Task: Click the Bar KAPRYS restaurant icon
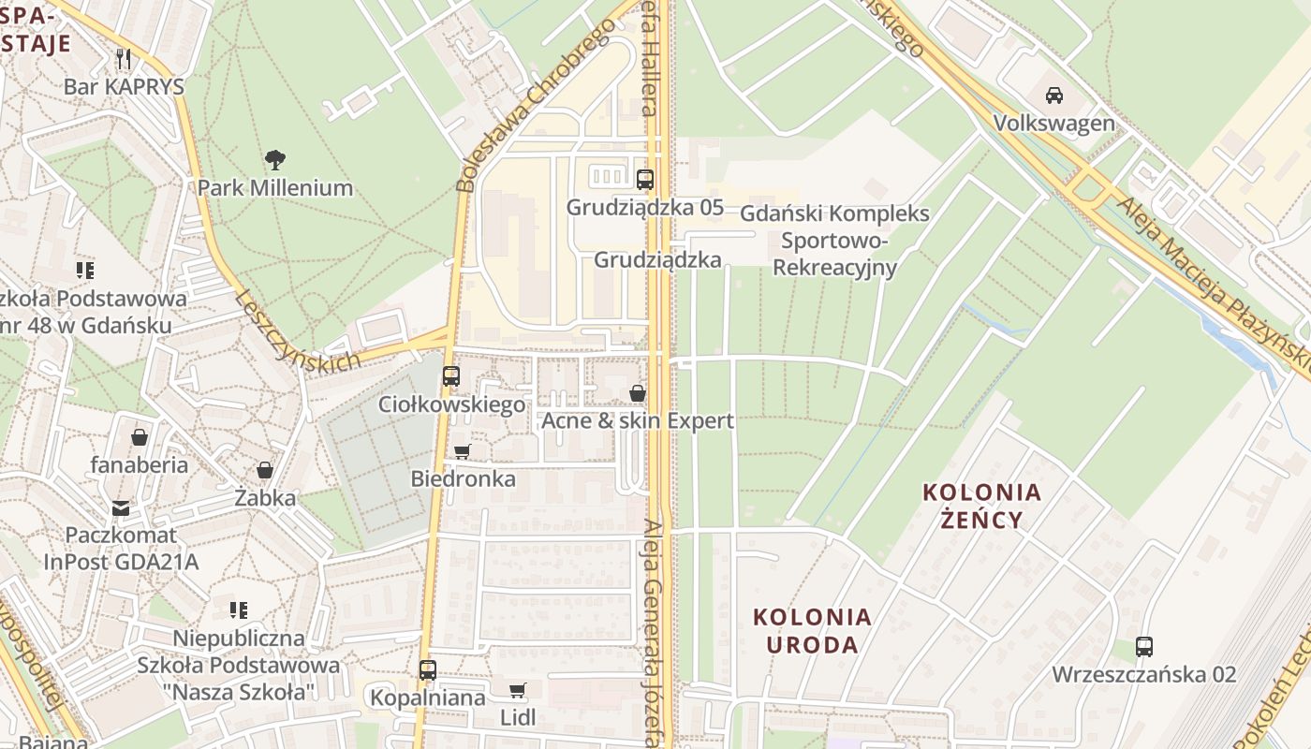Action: coord(124,58)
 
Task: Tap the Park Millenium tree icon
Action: coord(274,160)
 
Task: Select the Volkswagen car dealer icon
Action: coord(1053,95)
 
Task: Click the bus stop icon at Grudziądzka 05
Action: coord(644,180)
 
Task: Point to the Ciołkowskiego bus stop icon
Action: coord(450,376)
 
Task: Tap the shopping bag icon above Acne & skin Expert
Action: coord(637,393)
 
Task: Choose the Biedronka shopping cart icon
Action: coord(462,452)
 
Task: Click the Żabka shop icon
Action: coord(265,470)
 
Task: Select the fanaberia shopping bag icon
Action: coord(139,437)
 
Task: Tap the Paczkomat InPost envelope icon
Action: coord(121,508)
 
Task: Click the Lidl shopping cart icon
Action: coord(517,691)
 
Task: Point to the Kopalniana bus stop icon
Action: coord(427,670)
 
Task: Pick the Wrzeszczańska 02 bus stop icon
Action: coord(1143,647)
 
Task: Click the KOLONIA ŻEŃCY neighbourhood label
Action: coord(981,506)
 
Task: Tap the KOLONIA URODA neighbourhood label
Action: coord(812,630)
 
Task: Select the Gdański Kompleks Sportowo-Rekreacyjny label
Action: coord(834,241)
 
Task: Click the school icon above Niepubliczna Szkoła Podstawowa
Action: coord(239,610)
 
